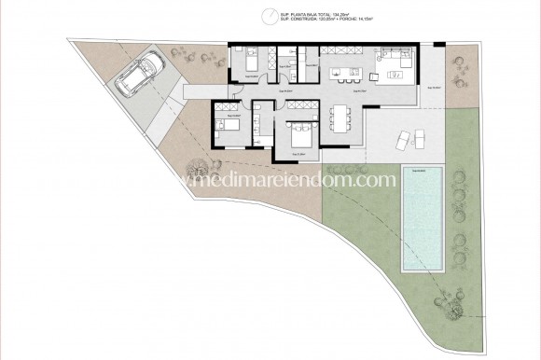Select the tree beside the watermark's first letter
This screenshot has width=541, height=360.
pyautogui.click(x=198, y=169)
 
